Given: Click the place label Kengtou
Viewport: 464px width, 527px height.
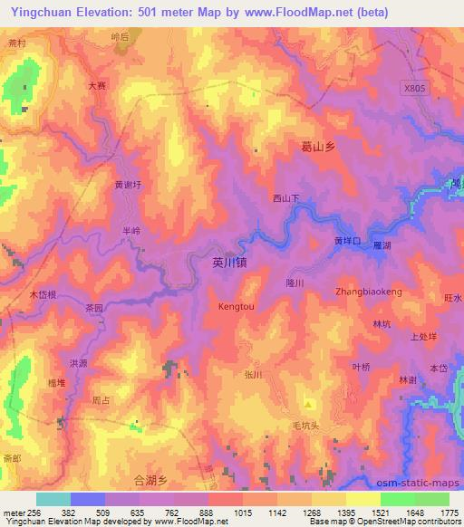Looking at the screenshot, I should pos(237,307).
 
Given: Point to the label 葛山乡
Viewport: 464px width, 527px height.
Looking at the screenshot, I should pos(318,145).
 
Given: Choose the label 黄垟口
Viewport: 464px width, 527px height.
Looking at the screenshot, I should pos(348,242).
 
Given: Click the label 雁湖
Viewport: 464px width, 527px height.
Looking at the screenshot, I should pos(381,245).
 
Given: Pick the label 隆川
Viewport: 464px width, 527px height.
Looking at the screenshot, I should pos(295,283).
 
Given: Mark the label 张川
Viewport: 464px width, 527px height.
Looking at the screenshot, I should pos(253,373).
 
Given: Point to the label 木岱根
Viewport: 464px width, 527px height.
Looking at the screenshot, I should pos(43,295).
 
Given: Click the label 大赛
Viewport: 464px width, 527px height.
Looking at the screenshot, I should pos(97,86).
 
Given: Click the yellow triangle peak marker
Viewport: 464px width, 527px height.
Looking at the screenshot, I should pos(308,404).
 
